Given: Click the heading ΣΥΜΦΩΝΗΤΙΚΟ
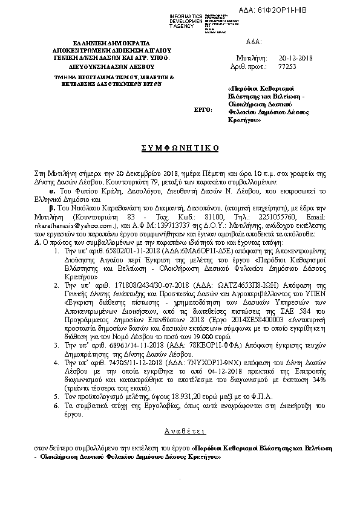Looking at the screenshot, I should (x=180, y=148).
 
